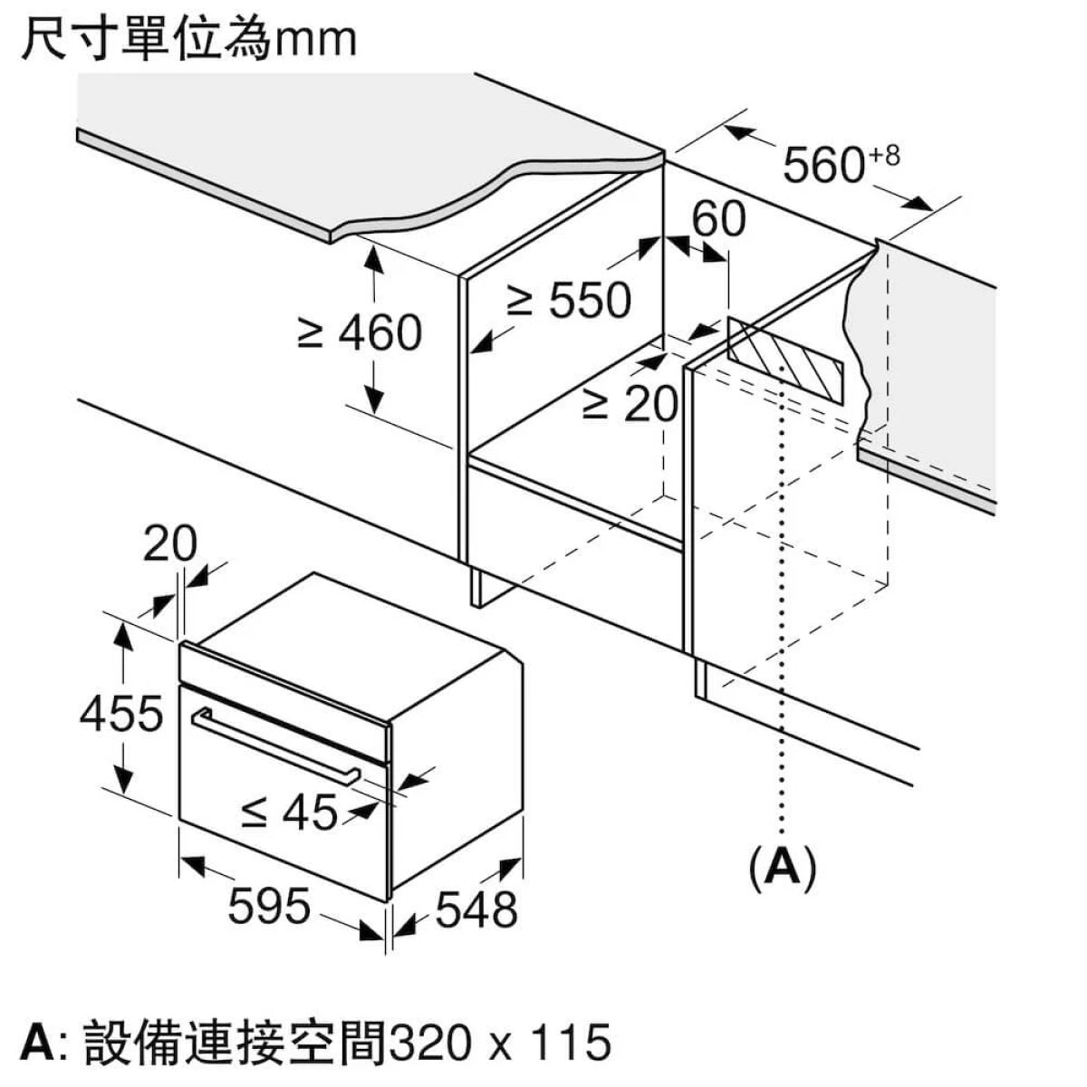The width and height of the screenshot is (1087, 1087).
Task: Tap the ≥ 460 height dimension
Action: click(x=361, y=332)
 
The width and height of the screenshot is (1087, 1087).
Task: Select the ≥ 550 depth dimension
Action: click(x=569, y=301)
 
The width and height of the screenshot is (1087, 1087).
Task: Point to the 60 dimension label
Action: click(x=718, y=219)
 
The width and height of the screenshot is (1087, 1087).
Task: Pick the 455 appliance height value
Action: click(x=120, y=714)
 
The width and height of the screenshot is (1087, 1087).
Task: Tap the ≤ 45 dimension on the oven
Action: click(x=289, y=812)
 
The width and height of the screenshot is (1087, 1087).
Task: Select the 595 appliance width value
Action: click(x=269, y=906)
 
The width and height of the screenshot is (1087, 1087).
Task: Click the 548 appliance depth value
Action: click(x=476, y=909)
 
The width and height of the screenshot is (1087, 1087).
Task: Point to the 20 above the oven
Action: click(x=169, y=544)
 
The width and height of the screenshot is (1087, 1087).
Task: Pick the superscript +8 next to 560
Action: click(x=885, y=156)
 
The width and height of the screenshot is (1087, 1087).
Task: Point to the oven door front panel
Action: click(x=272, y=797)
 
